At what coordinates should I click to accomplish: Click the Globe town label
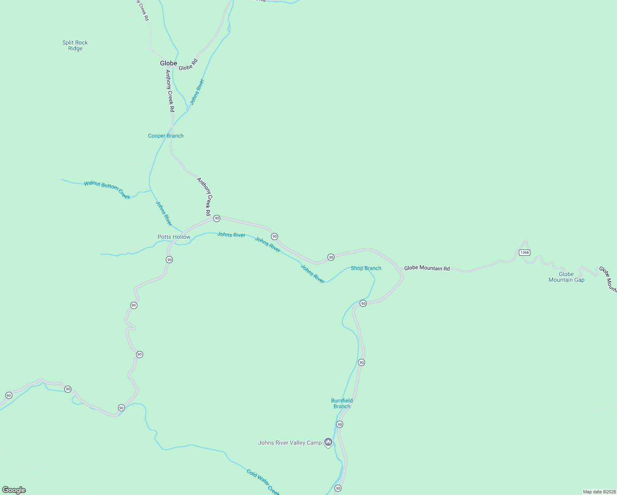[x=168, y=63]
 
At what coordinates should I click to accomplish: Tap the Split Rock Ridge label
[x=75, y=45]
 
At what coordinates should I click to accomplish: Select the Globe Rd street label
[x=188, y=65]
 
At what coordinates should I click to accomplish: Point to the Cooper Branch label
[x=166, y=136]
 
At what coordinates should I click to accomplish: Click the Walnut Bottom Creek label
[x=107, y=190]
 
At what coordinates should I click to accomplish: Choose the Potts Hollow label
[x=174, y=237]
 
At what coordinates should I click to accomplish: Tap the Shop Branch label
[x=366, y=268]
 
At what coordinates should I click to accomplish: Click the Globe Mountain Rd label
[x=427, y=268]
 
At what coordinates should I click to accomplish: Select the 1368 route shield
[x=524, y=252]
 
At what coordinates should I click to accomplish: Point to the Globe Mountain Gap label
[x=566, y=277]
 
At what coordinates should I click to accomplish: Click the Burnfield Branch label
[x=342, y=403]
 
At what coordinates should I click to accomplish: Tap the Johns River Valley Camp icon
[x=328, y=443]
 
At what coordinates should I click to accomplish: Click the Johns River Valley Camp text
[x=290, y=443]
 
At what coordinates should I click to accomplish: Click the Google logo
[x=14, y=490]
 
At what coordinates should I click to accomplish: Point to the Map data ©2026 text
[x=599, y=492]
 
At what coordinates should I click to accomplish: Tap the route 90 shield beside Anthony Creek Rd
[x=217, y=218]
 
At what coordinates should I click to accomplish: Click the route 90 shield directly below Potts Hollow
[x=169, y=259]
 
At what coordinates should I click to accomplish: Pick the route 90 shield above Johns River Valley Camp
[x=339, y=424]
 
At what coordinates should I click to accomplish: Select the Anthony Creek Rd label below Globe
[x=170, y=91]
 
